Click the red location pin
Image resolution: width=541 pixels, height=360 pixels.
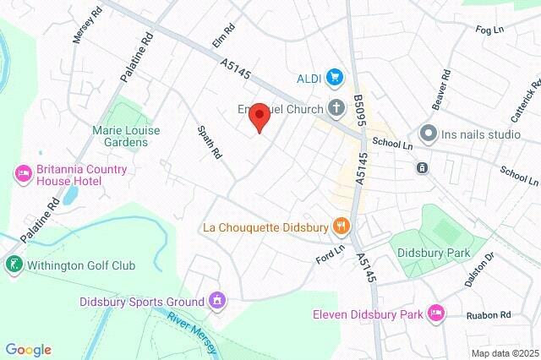pyautogui.click(x=259, y=117)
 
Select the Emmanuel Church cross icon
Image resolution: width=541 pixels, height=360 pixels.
pyautogui.click(x=336, y=108)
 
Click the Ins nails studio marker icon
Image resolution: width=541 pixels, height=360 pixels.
pyautogui.click(x=428, y=134)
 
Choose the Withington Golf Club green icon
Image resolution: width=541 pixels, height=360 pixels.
pyautogui.click(x=13, y=265)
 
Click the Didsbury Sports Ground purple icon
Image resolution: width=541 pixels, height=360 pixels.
pyautogui.click(x=217, y=301)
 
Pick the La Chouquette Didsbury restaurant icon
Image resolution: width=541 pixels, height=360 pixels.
pyautogui.click(x=342, y=226)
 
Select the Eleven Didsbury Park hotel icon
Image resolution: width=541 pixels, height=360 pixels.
pyautogui.click(x=436, y=314)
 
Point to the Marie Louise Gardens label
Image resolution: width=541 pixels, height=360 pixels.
pyautogui.click(x=119, y=136)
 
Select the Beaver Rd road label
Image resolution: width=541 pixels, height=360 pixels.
pyautogui.click(x=439, y=94)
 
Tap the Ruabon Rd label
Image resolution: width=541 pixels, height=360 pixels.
pyautogui.click(x=489, y=315)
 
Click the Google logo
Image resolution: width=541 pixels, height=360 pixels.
pyautogui.click(x=28, y=350)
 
